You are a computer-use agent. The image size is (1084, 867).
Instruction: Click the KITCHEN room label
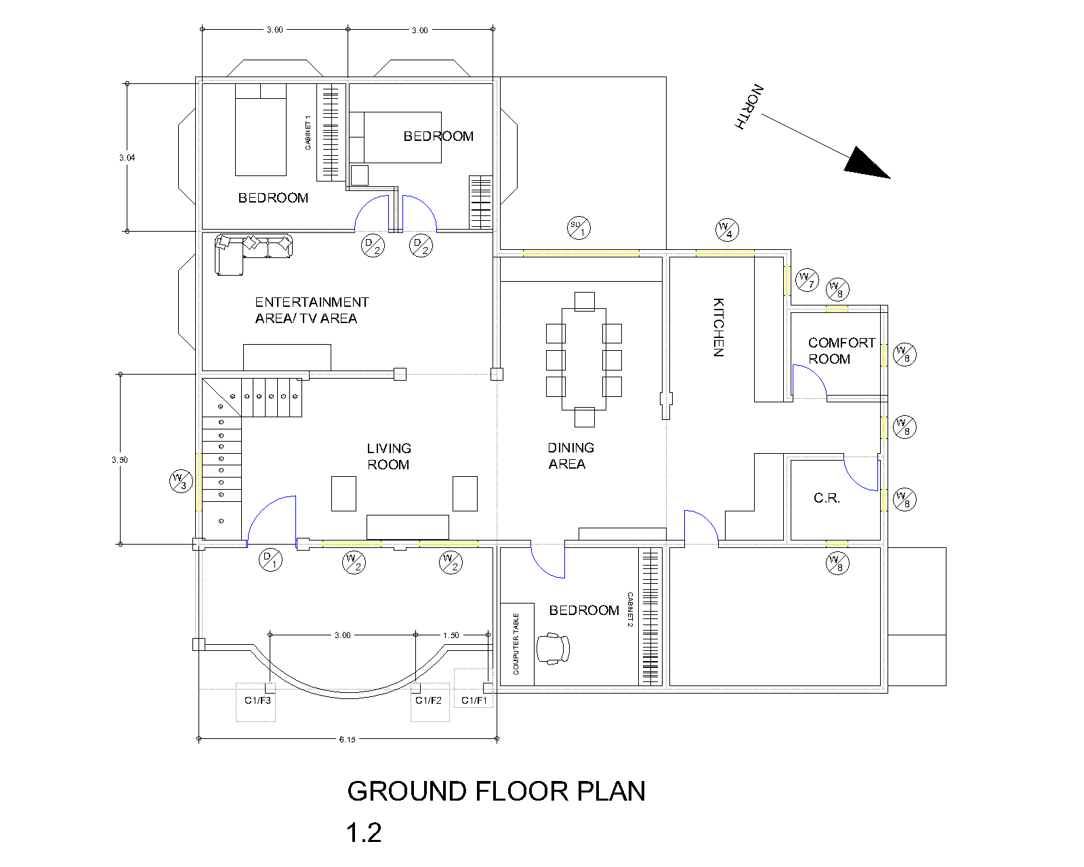(x=718, y=327)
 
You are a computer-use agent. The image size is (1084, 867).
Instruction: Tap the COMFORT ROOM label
(x=841, y=351)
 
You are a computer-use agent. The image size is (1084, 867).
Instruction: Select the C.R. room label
(x=827, y=499)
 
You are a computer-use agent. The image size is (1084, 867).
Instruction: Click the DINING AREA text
(x=570, y=456)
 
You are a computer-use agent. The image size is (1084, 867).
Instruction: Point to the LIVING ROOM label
(x=389, y=457)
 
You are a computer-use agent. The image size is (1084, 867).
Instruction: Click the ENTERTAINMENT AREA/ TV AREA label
(x=312, y=310)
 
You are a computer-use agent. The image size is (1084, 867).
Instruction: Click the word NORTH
(x=749, y=107)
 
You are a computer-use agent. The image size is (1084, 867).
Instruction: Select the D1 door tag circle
(x=270, y=559)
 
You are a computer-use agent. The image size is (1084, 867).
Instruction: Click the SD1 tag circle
(x=579, y=228)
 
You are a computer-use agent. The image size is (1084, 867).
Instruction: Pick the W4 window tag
(x=727, y=230)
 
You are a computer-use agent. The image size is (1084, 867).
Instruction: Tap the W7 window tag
(x=807, y=280)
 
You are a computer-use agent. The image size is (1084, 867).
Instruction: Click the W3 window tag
(x=181, y=481)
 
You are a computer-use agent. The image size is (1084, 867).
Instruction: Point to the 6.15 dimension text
(x=347, y=740)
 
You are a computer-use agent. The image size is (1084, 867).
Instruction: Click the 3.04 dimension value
(x=127, y=158)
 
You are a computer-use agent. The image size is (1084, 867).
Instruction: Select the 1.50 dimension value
(x=451, y=635)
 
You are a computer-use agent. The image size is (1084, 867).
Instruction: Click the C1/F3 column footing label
(x=257, y=700)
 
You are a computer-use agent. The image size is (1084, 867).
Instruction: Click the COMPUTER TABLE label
(x=516, y=644)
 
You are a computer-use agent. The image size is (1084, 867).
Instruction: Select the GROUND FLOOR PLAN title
(x=496, y=791)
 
